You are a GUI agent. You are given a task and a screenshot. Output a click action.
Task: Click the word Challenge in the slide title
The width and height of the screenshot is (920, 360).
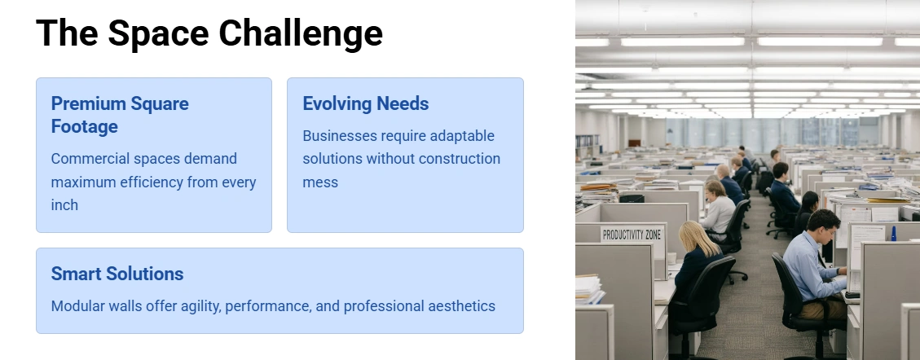tap(301, 34)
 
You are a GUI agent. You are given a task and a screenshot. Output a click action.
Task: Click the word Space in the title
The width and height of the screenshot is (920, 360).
tap(158, 34)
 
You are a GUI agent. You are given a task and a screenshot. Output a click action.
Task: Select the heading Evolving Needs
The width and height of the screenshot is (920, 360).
tap(366, 103)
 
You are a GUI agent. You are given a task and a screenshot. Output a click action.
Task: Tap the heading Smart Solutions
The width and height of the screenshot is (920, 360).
tap(117, 274)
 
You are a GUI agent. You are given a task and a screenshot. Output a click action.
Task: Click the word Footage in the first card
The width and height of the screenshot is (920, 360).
tap(85, 127)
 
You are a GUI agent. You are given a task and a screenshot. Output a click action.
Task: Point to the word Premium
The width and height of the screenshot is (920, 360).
tap(88, 103)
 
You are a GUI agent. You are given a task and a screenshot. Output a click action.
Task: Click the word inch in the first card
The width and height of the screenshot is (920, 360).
tap(64, 205)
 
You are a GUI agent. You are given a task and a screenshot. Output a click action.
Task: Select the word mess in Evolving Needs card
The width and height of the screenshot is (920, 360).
tap(320, 182)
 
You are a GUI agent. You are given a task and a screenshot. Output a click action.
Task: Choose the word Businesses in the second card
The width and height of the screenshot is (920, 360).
tap(340, 136)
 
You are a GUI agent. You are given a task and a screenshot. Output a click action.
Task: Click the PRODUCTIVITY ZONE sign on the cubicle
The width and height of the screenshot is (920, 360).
tap(632, 235)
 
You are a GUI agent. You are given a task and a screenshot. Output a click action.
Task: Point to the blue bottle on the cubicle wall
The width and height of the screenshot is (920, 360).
tap(894, 233)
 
